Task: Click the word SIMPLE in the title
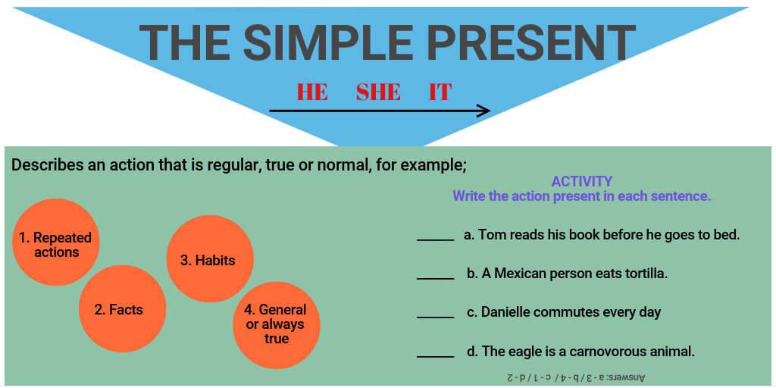(318, 42)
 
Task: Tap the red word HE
(312, 92)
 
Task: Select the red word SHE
(378, 92)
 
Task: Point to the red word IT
(440, 92)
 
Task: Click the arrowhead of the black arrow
(483, 111)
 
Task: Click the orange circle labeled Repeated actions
(56, 242)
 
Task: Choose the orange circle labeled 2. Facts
(122, 309)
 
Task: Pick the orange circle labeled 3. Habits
(209, 259)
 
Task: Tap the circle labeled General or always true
(277, 324)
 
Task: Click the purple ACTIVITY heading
(581, 182)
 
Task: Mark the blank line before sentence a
(435, 239)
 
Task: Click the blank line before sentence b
(435, 278)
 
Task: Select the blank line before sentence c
(435, 317)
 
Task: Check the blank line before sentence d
(435, 356)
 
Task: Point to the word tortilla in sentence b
(645, 274)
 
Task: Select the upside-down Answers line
(576, 377)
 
